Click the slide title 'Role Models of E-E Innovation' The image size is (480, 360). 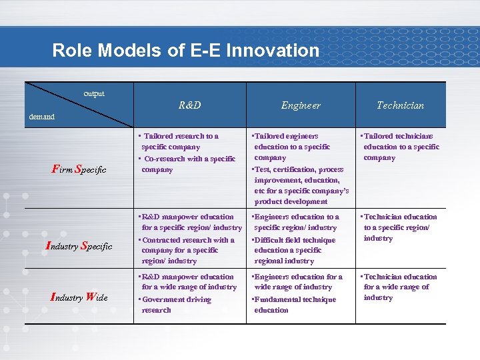tap(185, 50)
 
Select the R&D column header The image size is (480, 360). tap(190, 105)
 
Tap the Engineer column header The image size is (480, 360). tap(301, 105)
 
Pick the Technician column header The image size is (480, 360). tap(400, 105)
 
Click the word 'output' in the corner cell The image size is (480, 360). tap(94, 94)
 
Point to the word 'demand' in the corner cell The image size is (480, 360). tap(41, 116)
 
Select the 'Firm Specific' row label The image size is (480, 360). tap(79, 169)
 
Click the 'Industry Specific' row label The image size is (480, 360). tap(79, 246)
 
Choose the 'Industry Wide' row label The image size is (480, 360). tap(79, 297)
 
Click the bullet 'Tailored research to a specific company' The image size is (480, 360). tap(180, 141)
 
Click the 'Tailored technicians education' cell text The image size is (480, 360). tap(400, 147)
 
